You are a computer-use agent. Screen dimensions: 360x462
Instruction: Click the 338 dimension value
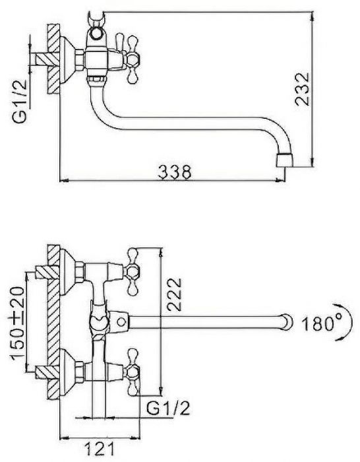pyautogui.click(x=175, y=172)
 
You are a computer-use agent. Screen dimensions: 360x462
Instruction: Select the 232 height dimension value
pyautogui.click(x=303, y=88)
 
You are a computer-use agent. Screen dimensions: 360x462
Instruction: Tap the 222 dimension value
pyautogui.click(x=174, y=294)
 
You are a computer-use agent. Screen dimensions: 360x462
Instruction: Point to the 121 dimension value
pyautogui.click(x=100, y=449)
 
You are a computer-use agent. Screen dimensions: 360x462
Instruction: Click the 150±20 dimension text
pyautogui.click(x=18, y=323)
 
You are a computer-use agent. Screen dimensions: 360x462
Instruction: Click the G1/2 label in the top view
pyautogui.click(x=20, y=101)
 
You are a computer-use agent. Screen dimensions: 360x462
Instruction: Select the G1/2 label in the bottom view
pyautogui.click(x=168, y=407)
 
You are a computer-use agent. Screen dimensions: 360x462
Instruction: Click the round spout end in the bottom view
pyautogui.click(x=287, y=322)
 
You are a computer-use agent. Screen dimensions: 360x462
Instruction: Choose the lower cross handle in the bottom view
pyautogui.click(x=133, y=372)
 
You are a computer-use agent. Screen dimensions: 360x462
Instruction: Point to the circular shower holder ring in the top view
pyautogui.click(x=96, y=33)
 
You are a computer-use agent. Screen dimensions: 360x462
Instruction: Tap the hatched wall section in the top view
pyautogui.click(x=53, y=59)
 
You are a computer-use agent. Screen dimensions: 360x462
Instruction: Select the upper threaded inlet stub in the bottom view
pyautogui.click(x=47, y=272)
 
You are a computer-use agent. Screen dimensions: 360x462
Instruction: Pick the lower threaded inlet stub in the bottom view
pyautogui.click(x=47, y=372)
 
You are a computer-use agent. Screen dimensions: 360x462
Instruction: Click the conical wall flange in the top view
pyautogui.click(x=68, y=59)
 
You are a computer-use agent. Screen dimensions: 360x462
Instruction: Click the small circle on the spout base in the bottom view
pyautogui.click(x=121, y=322)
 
